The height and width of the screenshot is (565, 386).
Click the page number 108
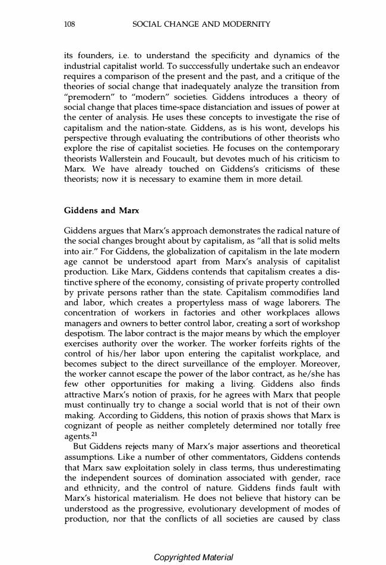[x=68, y=24]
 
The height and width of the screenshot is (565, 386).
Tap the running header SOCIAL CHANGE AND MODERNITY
[x=201, y=24]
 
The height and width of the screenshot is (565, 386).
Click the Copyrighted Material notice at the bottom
[x=193, y=557]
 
